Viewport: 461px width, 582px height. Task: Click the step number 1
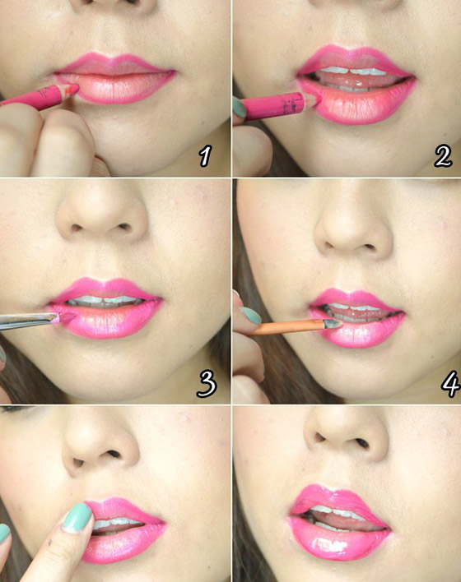[x=205, y=156]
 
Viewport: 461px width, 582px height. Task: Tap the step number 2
[x=442, y=156]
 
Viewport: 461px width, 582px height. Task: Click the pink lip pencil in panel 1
[x=39, y=96]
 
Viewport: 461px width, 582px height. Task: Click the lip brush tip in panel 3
[x=65, y=318]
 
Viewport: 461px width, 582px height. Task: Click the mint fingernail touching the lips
[x=77, y=518]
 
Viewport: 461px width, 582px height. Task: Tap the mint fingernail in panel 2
[x=239, y=108]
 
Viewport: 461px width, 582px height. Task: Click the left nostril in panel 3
[x=76, y=227]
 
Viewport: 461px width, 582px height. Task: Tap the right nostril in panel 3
[x=124, y=226]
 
